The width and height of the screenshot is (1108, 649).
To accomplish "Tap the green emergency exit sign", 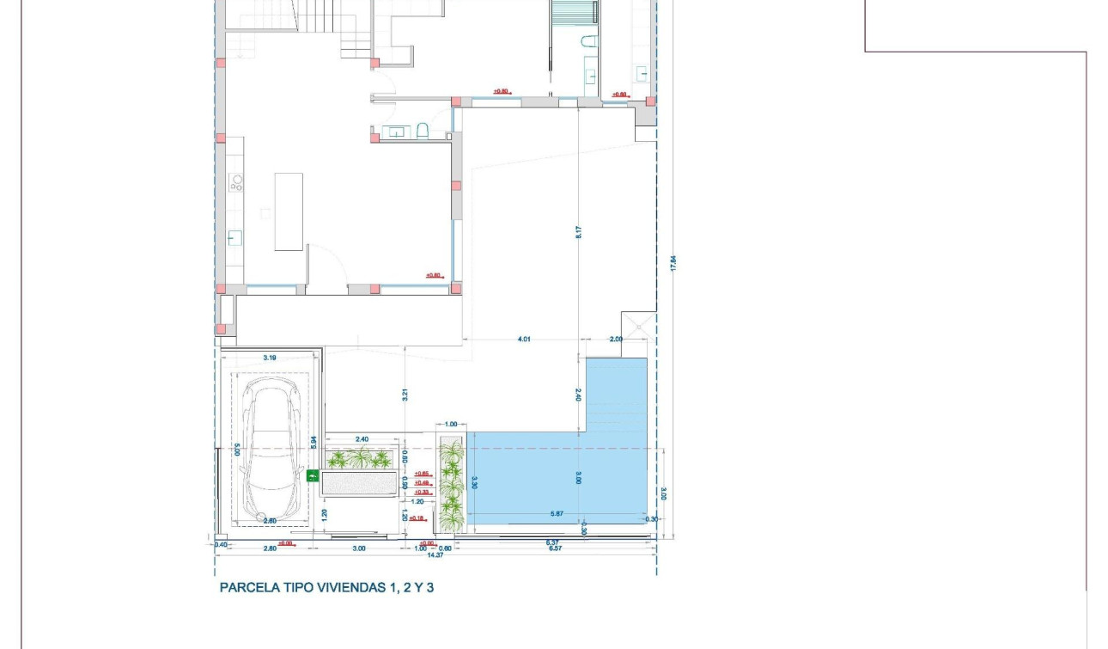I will pos(312,475).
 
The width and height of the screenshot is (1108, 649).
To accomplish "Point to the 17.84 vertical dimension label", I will pos(673,264).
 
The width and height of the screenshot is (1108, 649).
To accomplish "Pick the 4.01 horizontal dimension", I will pos(524,340).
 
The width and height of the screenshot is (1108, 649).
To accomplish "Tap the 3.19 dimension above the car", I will pos(269,358).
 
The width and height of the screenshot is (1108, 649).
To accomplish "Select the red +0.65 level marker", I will pos(421,474).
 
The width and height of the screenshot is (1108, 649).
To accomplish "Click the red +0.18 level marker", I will pos(417,518).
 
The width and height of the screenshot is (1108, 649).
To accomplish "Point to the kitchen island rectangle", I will pos(289,211).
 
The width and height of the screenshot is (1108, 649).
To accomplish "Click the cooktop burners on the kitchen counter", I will pos(236,182).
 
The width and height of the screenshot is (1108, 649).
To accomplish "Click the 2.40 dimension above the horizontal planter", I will pos(361,440).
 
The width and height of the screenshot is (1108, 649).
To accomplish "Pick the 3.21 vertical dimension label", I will pos(404,395).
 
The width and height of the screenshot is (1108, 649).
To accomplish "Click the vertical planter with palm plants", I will pos(451,486).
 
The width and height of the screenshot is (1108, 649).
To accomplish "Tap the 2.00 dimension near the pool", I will pos(616,340).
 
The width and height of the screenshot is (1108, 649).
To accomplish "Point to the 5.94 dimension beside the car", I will pos(315,441).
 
